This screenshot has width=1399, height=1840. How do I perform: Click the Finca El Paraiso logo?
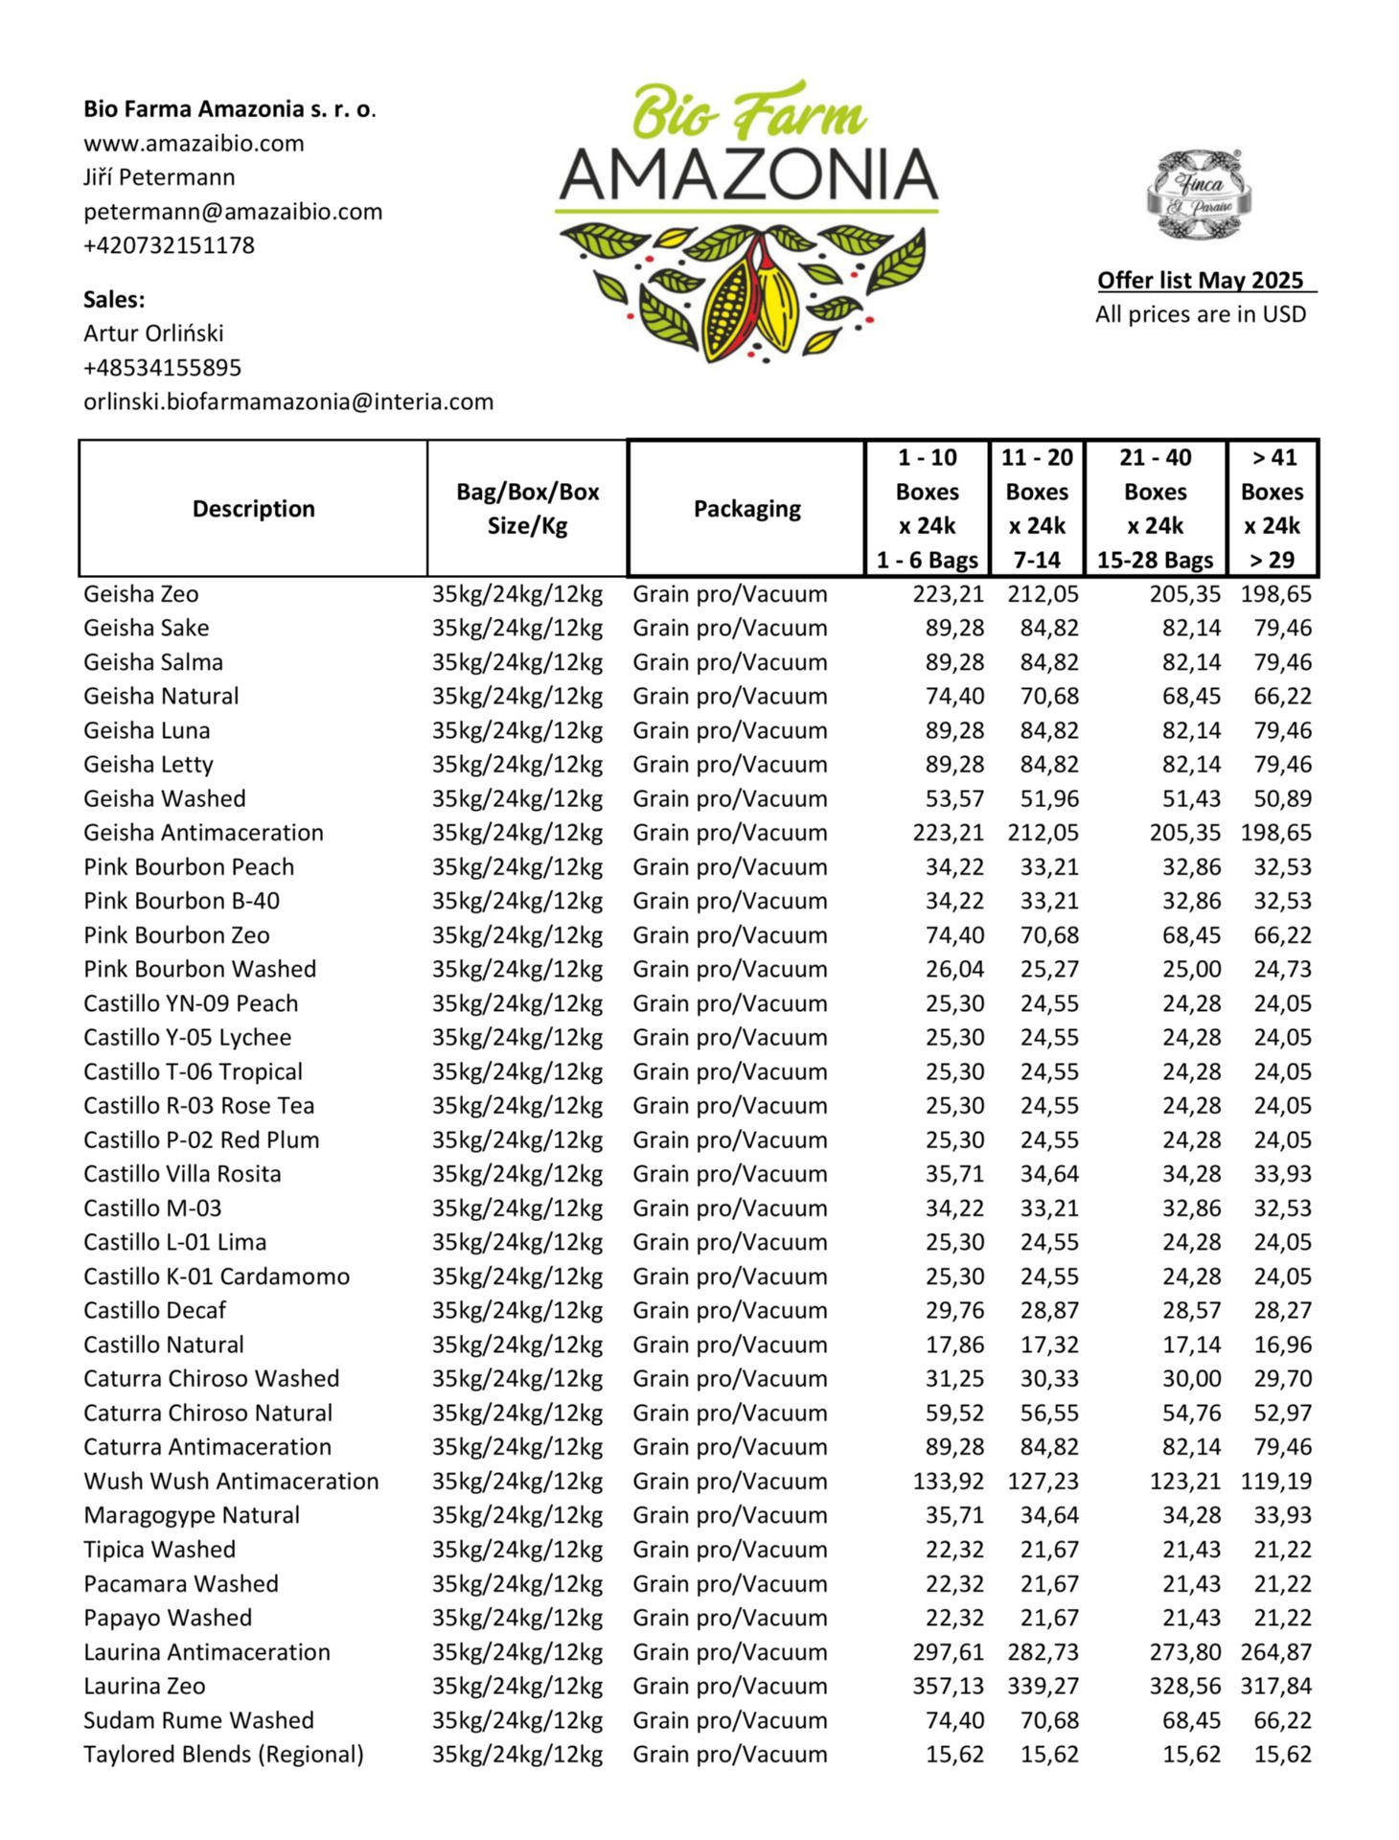tap(1200, 195)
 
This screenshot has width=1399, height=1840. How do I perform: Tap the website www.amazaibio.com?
tap(194, 144)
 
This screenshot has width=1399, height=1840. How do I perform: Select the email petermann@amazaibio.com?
tap(233, 212)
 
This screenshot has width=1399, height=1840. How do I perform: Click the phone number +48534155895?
tap(162, 368)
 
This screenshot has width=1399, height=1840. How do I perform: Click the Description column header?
tap(253, 509)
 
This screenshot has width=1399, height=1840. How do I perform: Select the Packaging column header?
tap(746, 509)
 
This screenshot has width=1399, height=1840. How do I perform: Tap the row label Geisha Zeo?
tap(141, 594)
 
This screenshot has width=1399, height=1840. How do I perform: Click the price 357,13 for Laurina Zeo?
tap(948, 1686)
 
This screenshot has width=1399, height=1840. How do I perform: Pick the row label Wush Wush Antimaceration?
tap(231, 1482)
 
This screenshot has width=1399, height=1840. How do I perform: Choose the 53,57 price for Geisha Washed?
tap(954, 799)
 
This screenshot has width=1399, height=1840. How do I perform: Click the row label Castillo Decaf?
tap(154, 1311)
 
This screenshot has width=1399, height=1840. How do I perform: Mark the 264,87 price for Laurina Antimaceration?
tap(1275, 1652)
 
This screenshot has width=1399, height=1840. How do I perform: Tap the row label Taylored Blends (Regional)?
tap(223, 1755)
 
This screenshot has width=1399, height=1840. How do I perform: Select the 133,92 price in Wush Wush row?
tap(948, 1482)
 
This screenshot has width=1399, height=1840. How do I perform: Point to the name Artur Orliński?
tap(153, 333)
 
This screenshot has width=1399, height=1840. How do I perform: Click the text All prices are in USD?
tap(1201, 314)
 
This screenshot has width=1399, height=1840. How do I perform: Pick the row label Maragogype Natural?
tap(192, 1515)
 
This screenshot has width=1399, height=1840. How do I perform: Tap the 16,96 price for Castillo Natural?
tap(1282, 1345)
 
